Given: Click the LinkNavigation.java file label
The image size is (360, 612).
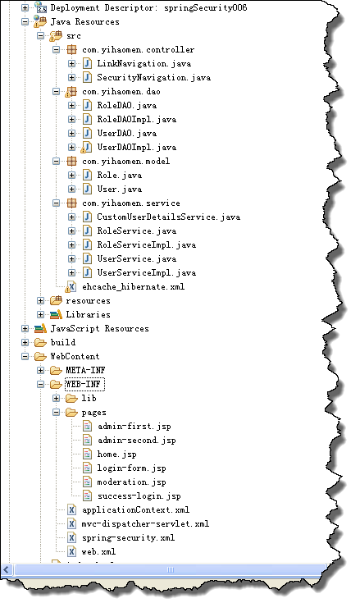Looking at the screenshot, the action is (x=144, y=63).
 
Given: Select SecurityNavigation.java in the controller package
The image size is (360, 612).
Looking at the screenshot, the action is (x=153, y=77).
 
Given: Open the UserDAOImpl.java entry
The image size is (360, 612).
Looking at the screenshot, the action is (x=136, y=147).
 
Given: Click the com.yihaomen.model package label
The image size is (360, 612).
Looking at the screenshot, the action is (x=125, y=161).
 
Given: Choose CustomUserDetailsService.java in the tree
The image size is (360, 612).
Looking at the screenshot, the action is (x=168, y=217).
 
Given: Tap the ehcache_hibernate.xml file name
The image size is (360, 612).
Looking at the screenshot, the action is (x=133, y=287).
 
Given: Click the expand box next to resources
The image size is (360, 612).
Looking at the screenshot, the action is (x=40, y=300).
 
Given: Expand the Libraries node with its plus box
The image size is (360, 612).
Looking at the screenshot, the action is (x=40, y=314).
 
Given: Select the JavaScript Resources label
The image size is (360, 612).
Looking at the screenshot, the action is (x=99, y=329).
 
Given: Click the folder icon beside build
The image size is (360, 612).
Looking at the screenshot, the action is (x=40, y=343).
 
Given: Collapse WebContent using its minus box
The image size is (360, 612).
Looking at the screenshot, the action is (x=25, y=356).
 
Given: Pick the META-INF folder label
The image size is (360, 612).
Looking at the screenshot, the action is (x=85, y=371).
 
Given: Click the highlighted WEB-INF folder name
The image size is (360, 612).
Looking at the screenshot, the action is (x=84, y=385).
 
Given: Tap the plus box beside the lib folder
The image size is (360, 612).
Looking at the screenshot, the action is (x=56, y=398).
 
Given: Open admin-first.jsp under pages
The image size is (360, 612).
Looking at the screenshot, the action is (x=134, y=427).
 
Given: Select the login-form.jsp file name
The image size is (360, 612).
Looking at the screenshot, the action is (x=131, y=468).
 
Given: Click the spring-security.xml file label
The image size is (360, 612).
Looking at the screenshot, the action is (x=128, y=538).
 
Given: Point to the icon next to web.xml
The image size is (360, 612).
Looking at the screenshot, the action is (x=72, y=551).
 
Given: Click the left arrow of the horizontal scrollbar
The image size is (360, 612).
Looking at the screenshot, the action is (x=7, y=569).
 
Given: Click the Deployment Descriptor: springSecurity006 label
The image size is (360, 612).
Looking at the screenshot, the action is (x=148, y=8).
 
